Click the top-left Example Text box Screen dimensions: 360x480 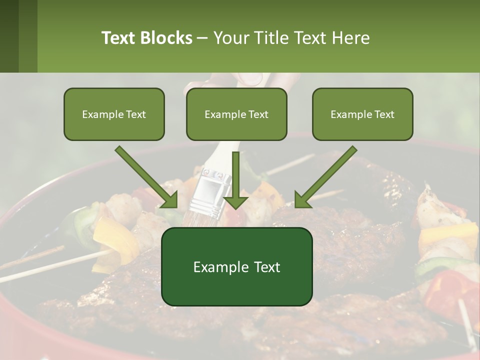[x=114, y=114]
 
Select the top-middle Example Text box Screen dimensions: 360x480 [x=236, y=114]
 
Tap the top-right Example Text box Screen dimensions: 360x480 [x=362, y=114]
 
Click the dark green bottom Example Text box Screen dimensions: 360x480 [x=236, y=266]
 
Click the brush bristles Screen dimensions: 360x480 [x=206, y=220]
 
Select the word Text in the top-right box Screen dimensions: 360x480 [x=383, y=114]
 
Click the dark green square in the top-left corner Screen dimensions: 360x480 [x=9, y=36]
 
